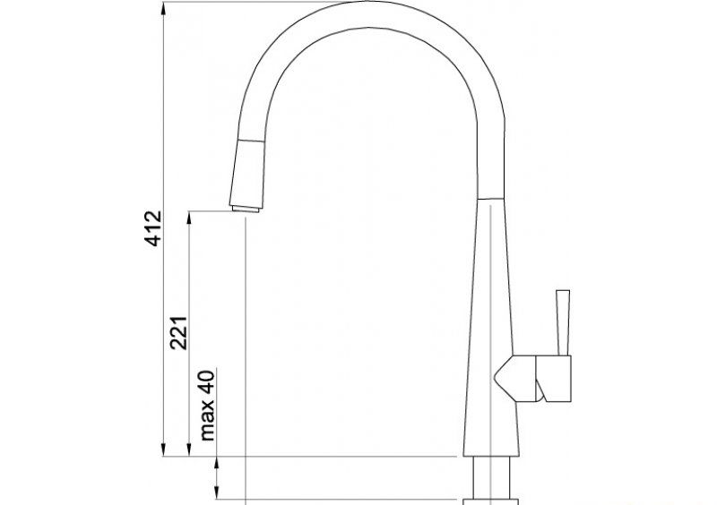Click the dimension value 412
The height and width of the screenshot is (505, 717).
(153, 228)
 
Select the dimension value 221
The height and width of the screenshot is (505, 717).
(178, 333)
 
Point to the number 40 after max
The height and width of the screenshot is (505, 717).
(207, 382)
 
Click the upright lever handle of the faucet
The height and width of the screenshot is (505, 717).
(563, 322)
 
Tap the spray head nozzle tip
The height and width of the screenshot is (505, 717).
(246, 209)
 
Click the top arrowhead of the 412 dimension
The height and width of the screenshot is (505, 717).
(163, 9)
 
